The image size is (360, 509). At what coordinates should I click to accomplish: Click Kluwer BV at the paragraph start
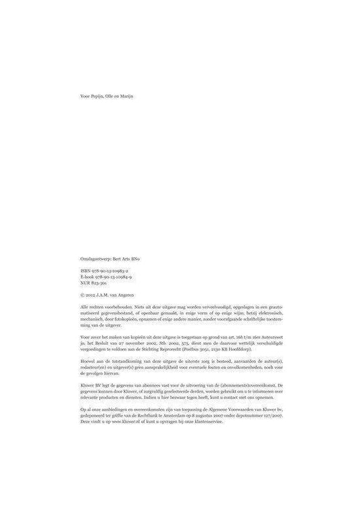(89, 385)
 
